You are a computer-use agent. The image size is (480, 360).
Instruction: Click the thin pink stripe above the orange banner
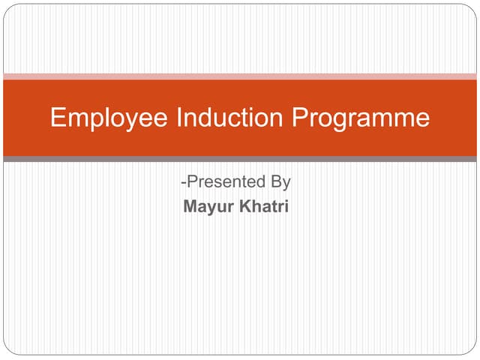point(240,76)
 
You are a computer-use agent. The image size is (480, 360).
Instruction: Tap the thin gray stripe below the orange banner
point(240,159)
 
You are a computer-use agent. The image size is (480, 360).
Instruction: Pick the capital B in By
point(276,182)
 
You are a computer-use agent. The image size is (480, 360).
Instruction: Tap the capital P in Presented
point(191,182)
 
